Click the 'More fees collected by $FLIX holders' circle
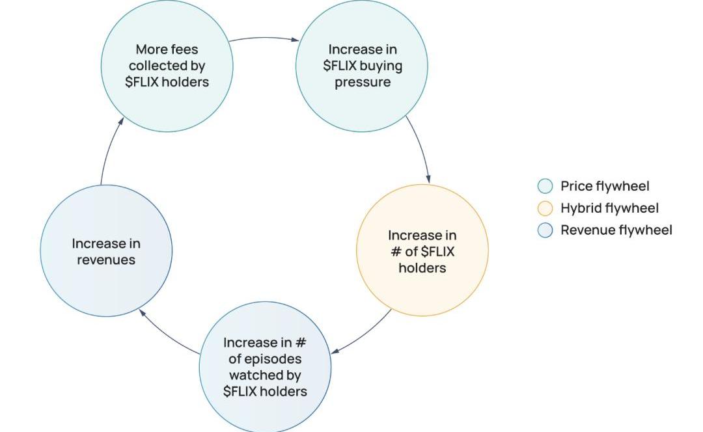167,66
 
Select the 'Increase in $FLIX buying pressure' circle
362,66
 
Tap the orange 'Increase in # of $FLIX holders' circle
422,250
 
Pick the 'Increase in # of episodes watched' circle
265,367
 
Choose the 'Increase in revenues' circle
106,251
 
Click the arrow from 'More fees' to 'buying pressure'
264,38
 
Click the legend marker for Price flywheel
545,187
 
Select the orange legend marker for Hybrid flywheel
545,208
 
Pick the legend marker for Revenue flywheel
545,230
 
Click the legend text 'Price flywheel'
605,187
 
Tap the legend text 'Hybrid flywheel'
609,208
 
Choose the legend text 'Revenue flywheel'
616,230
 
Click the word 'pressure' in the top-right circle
363,83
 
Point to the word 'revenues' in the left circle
106,260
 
